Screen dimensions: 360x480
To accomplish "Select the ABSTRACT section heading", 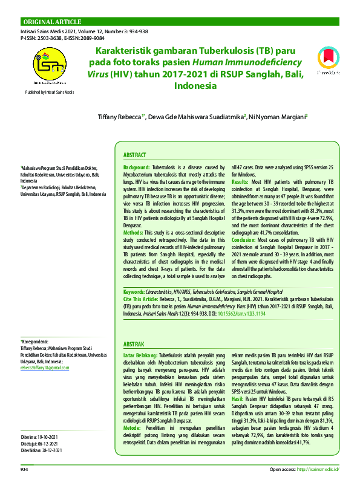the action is click(x=134, y=155).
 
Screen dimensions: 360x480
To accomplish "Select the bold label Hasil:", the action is click(x=238, y=400).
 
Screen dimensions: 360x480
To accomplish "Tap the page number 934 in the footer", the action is click(x=25, y=469).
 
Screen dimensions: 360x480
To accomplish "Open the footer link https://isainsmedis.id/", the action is click(x=316, y=469).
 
